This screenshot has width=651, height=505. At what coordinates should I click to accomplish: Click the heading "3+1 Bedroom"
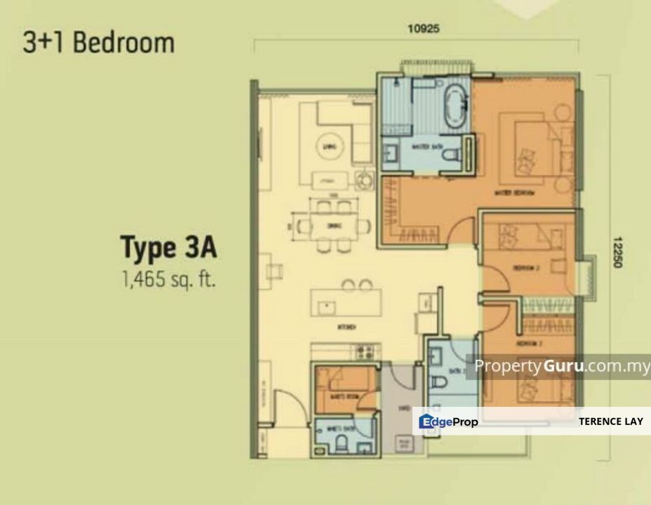click(98, 43)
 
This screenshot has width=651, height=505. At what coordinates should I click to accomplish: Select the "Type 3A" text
click(169, 248)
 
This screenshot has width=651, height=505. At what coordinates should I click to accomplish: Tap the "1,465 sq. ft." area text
click(168, 281)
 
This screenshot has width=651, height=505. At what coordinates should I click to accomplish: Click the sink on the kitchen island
click(325, 307)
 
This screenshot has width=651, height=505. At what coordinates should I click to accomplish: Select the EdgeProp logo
click(449, 422)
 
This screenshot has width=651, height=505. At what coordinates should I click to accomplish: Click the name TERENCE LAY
click(610, 422)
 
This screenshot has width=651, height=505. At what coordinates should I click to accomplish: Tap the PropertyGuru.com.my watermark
click(561, 366)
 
